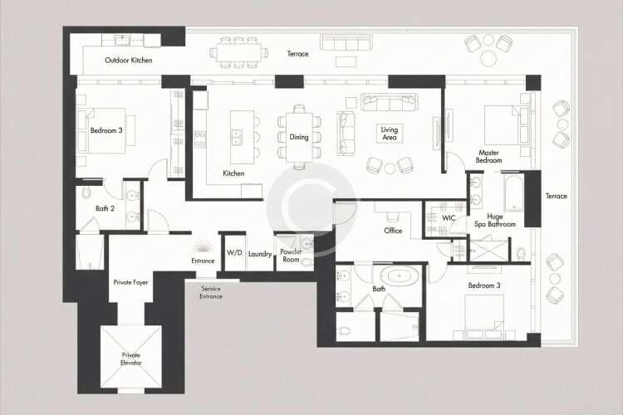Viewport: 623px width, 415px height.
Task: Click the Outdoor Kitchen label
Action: tap(128, 61)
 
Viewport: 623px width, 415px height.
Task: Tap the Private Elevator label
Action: tap(130, 359)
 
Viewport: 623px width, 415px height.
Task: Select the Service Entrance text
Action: tap(211, 293)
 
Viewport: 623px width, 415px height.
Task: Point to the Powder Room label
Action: tap(291, 256)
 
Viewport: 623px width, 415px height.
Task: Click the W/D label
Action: tap(234, 252)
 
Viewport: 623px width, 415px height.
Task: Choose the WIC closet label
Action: tap(449, 218)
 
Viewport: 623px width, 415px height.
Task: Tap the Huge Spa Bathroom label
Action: tap(495, 221)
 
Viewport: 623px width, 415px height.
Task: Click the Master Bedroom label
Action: tap(488, 157)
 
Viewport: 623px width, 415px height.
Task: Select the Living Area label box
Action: tap(390, 134)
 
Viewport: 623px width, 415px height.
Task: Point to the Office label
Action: tap(393, 231)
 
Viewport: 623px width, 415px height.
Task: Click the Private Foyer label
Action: tap(130, 282)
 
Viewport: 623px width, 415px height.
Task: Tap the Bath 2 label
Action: tap(105, 208)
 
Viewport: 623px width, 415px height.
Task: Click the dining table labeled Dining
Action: tap(299, 138)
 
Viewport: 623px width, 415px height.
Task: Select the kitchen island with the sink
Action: tap(242, 138)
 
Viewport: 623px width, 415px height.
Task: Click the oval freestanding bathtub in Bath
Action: tap(399, 276)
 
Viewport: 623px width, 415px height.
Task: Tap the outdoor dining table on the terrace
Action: tap(238, 52)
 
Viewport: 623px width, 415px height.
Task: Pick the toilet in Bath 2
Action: tap(86, 193)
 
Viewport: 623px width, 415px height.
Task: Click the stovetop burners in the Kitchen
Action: tap(200, 139)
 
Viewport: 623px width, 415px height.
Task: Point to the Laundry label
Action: tap(260, 254)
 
